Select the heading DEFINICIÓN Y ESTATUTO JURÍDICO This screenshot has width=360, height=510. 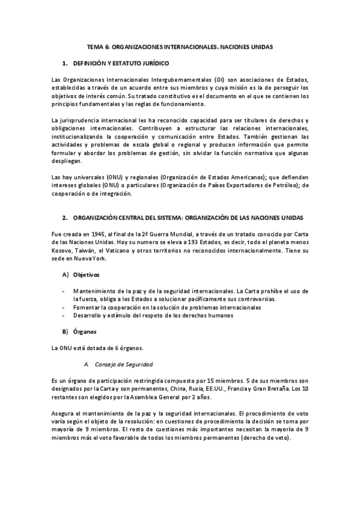click(x=121, y=63)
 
